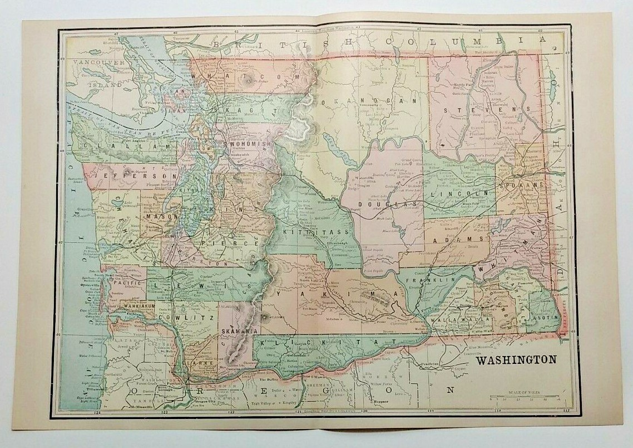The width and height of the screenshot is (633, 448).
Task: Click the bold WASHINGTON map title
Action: click(515, 359)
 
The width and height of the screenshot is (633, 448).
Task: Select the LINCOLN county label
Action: click(461, 192)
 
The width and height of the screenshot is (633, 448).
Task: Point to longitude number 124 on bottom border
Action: click(97, 413)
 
